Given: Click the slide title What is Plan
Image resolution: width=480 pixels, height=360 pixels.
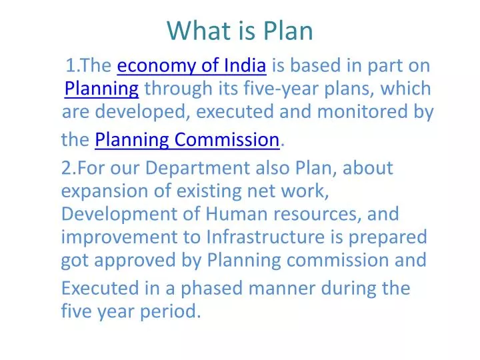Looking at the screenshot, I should pyautogui.click(x=240, y=31).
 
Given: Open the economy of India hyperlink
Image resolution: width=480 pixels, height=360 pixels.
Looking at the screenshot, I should pyautogui.click(x=192, y=65).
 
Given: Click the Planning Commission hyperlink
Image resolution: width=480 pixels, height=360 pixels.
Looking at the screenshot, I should pyautogui.click(x=187, y=139).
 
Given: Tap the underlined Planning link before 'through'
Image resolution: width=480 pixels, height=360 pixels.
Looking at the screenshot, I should pyautogui.click(x=101, y=88).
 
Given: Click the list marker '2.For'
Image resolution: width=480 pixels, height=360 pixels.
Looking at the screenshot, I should pyautogui.click(x=83, y=169).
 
